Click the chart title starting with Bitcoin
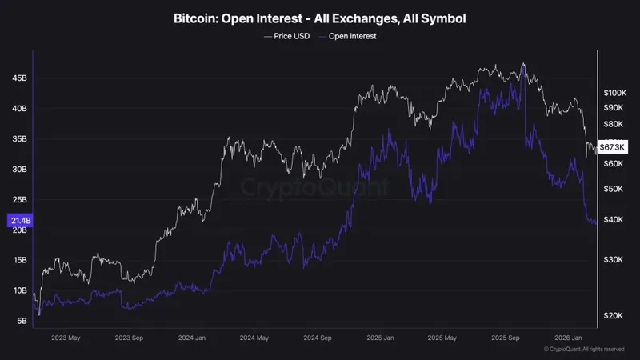tap(320, 17)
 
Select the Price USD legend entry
tap(286, 36)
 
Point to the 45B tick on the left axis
tap(20, 78)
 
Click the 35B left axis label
tap(20, 139)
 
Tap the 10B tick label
tap(20, 290)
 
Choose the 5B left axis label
tap(22, 321)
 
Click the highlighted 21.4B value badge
tap(20, 220)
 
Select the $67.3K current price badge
tap(613, 147)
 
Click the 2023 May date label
tap(66, 338)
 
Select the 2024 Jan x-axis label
tap(192, 338)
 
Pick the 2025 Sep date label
tap(507, 338)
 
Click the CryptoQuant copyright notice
tap(584, 350)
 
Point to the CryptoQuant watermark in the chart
tap(316, 188)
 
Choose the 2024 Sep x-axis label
tap(318, 338)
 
